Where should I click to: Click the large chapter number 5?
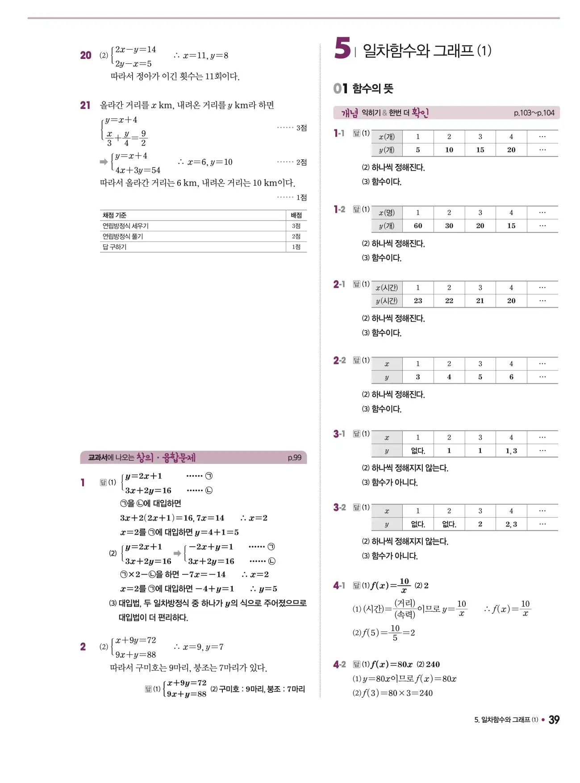click(x=342, y=48)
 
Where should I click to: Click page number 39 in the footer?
click(x=554, y=720)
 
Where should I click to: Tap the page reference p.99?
click(x=294, y=458)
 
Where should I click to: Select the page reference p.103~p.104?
click(x=534, y=113)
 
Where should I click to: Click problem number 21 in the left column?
click(x=85, y=105)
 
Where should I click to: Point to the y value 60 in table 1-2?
click(x=418, y=226)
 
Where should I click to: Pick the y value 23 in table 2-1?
click(x=418, y=301)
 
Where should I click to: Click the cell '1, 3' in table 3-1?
click(x=511, y=451)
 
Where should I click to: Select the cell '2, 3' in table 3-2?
click(x=511, y=524)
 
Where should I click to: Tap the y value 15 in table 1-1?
click(x=480, y=150)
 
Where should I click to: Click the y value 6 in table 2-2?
click(x=511, y=377)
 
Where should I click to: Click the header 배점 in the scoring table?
click(x=296, y=215)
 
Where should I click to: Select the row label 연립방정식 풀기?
click(x=123, y=237)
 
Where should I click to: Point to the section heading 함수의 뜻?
click(x=372, y=88)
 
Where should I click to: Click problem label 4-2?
click(x=339, y=665)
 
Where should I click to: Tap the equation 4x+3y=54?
click(x=138, y=170)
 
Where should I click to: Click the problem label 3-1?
click(x=339, y=434)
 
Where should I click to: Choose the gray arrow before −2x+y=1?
click(x=177, y=553)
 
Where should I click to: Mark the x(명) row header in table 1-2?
click(x=387, y=213)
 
